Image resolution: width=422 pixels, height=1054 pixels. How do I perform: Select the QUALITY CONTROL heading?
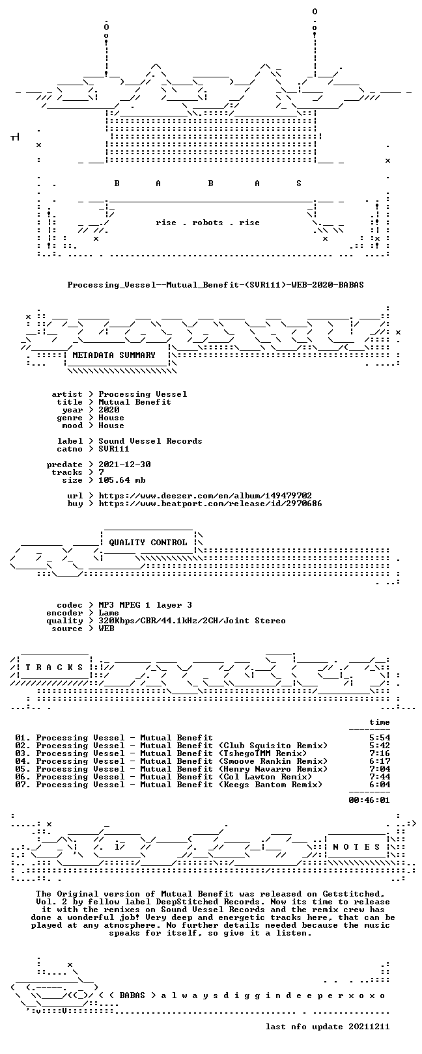click(148, 543)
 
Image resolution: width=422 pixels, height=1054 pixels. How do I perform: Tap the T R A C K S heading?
click(54, 668)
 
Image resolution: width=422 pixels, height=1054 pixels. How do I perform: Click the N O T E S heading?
click(356, 847)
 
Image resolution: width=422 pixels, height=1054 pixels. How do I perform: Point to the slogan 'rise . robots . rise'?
click(208, 223)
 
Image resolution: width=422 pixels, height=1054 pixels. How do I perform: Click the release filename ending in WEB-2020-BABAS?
click(216, 285)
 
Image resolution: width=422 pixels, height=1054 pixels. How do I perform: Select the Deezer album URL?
click(205, 496)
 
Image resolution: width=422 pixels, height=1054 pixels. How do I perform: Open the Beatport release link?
click(210, 504)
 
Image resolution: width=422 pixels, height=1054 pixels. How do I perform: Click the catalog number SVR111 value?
click(113, 449)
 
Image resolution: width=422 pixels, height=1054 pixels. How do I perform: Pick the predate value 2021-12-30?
click(124, 465)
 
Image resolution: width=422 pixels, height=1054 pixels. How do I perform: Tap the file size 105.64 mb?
click(122, 480)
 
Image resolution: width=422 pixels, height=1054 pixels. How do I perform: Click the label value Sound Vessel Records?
click(150, 441)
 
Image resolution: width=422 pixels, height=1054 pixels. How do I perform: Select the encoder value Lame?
click(108, 613)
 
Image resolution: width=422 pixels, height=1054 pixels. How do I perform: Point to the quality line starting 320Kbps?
click(191, 621)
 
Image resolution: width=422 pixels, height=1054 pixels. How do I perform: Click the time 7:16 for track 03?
click(380, 753)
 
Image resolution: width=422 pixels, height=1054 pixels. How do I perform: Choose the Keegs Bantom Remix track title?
click(179, 785)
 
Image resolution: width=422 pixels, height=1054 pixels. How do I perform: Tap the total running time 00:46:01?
click(369, 800)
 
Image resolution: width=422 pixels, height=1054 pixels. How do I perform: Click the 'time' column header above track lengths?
click(380, 722)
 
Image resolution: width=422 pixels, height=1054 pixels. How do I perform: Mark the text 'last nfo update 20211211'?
click(328, 1027)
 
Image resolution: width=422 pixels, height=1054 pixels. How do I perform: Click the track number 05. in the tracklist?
click(23, 769)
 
